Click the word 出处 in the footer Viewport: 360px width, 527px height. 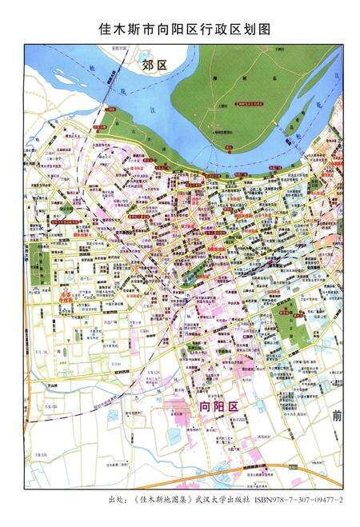tap(115, 500)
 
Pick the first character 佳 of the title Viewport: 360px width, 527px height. tap(105, 29)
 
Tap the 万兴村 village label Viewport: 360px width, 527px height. tap(54, 385)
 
